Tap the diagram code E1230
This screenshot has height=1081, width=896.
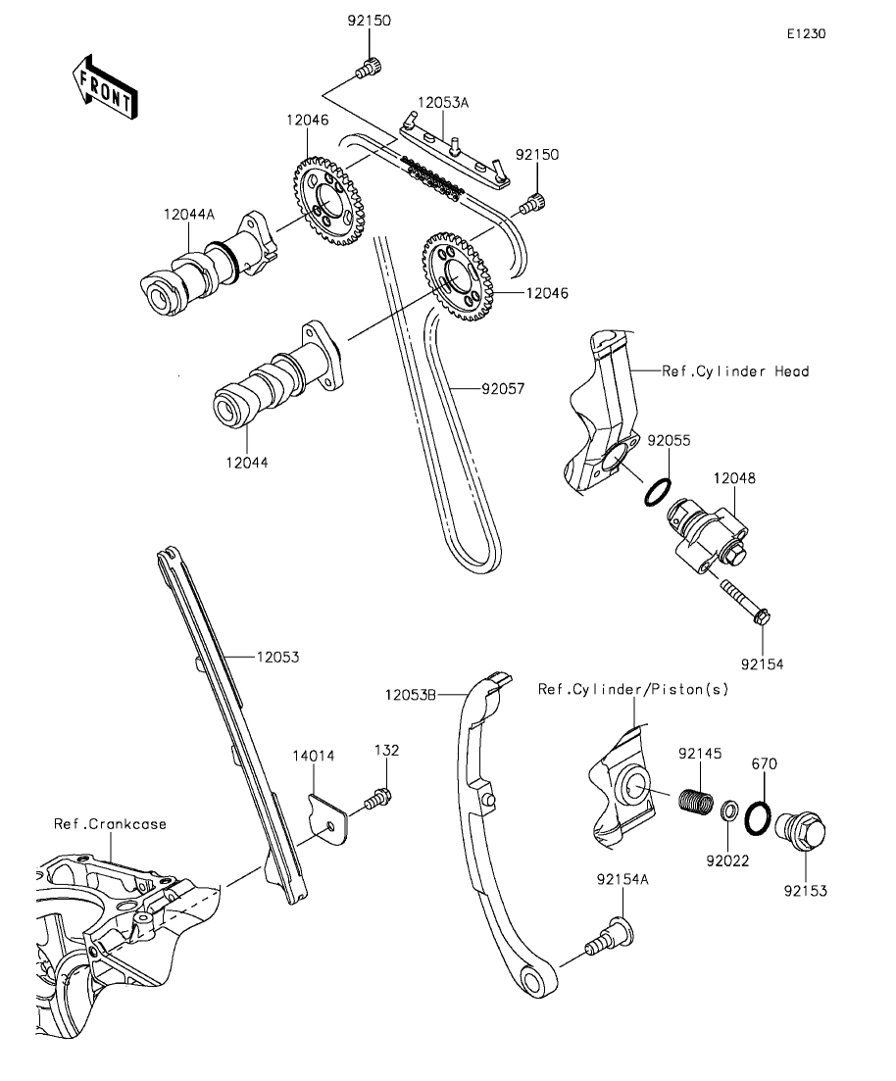pyautogui.click(x=806, y=33)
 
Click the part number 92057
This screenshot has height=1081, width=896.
pyautogui.click(x=503, y=388)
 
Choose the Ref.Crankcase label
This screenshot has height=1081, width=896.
pyautogui.click(x=110, y=824)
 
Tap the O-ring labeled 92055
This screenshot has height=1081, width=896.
pyautogui.click(x=657, y=492)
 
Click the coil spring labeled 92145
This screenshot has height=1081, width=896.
pyautogui.click(x=697, y=800)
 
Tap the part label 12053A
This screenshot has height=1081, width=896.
pyautogui.click(x=443, y=102)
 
